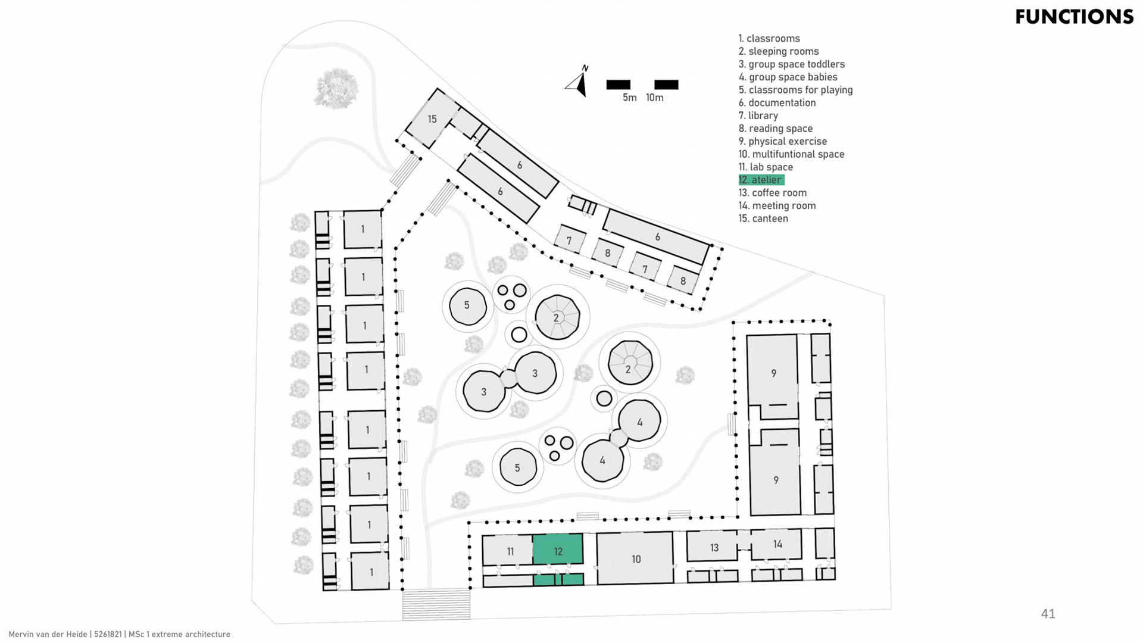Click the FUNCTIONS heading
coord(1074,17)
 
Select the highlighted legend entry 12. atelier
coord(761,180)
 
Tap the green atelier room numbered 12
coord(558,550)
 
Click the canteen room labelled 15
coord(432,119)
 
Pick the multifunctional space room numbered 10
coord(635,558)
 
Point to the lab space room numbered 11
coord(509,551)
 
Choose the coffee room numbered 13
coord(713,547)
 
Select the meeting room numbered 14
coord(777,544)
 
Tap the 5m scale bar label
coord(629,98)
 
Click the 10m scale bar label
coord(654,98)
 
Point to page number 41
coord(1048,614)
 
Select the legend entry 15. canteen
coord(763,219)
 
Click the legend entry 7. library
coord(758,116)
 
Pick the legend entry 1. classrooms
coord(769,39)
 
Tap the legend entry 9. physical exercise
coord(782,141)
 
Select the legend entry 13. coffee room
coord(772,193)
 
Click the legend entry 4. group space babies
coord(788,77)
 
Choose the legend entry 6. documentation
coord(777,103)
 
